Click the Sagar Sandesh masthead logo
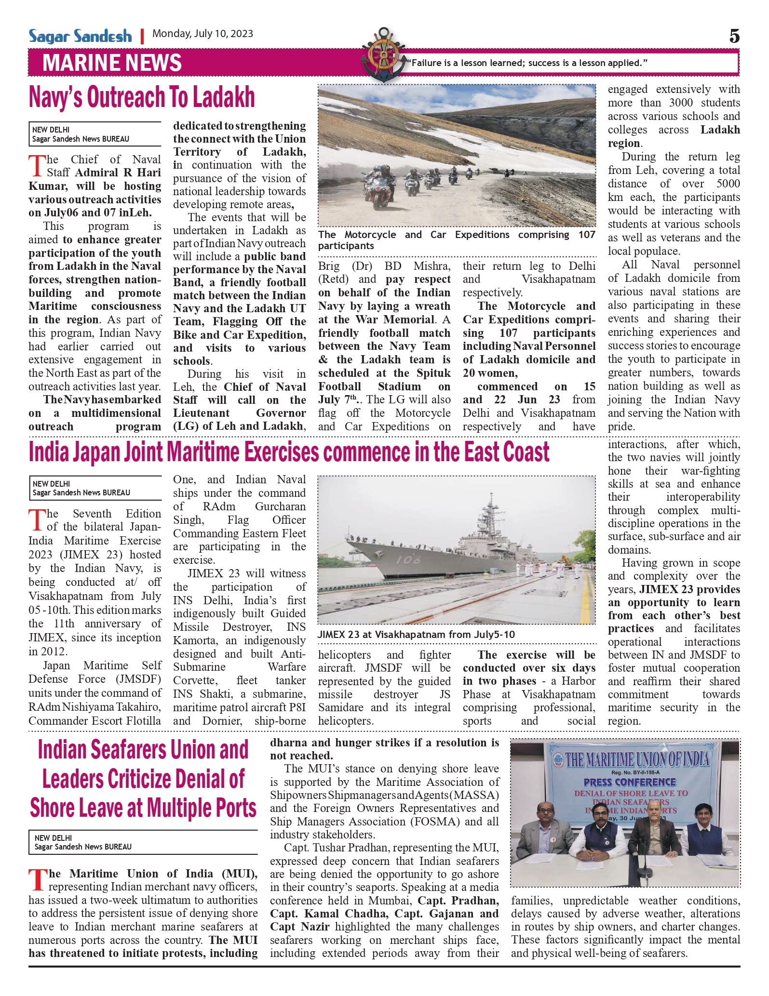[x=80, y=36]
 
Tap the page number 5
[x=734, y=36]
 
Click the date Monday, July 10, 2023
[x=202, y=34]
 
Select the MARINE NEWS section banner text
[x=112, y=63]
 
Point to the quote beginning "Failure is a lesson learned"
[x=527, y=63]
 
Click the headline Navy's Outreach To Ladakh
[x=142, y=98]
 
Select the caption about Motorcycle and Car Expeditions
[x=456, y=240]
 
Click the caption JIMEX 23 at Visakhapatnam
[x=416, y=635]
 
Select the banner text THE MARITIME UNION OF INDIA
[x=637, y=760]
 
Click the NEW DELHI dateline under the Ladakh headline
[x=51, y=130]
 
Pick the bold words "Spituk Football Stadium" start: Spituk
[x=432, y=373]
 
